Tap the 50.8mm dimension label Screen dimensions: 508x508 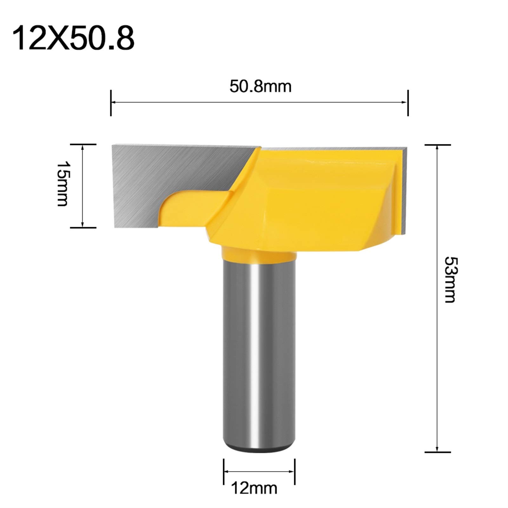(x=260, y=87)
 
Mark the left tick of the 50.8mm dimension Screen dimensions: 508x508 (x=111, y=102)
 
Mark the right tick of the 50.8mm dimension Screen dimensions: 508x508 (x=408, y=102)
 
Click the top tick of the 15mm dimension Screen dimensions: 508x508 (x=83, y=144)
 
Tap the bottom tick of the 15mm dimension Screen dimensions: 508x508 (x=83, y=228)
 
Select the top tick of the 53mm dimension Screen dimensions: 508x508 (x=438, y=144)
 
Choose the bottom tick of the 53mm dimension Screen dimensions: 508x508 (x=438, y=452)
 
